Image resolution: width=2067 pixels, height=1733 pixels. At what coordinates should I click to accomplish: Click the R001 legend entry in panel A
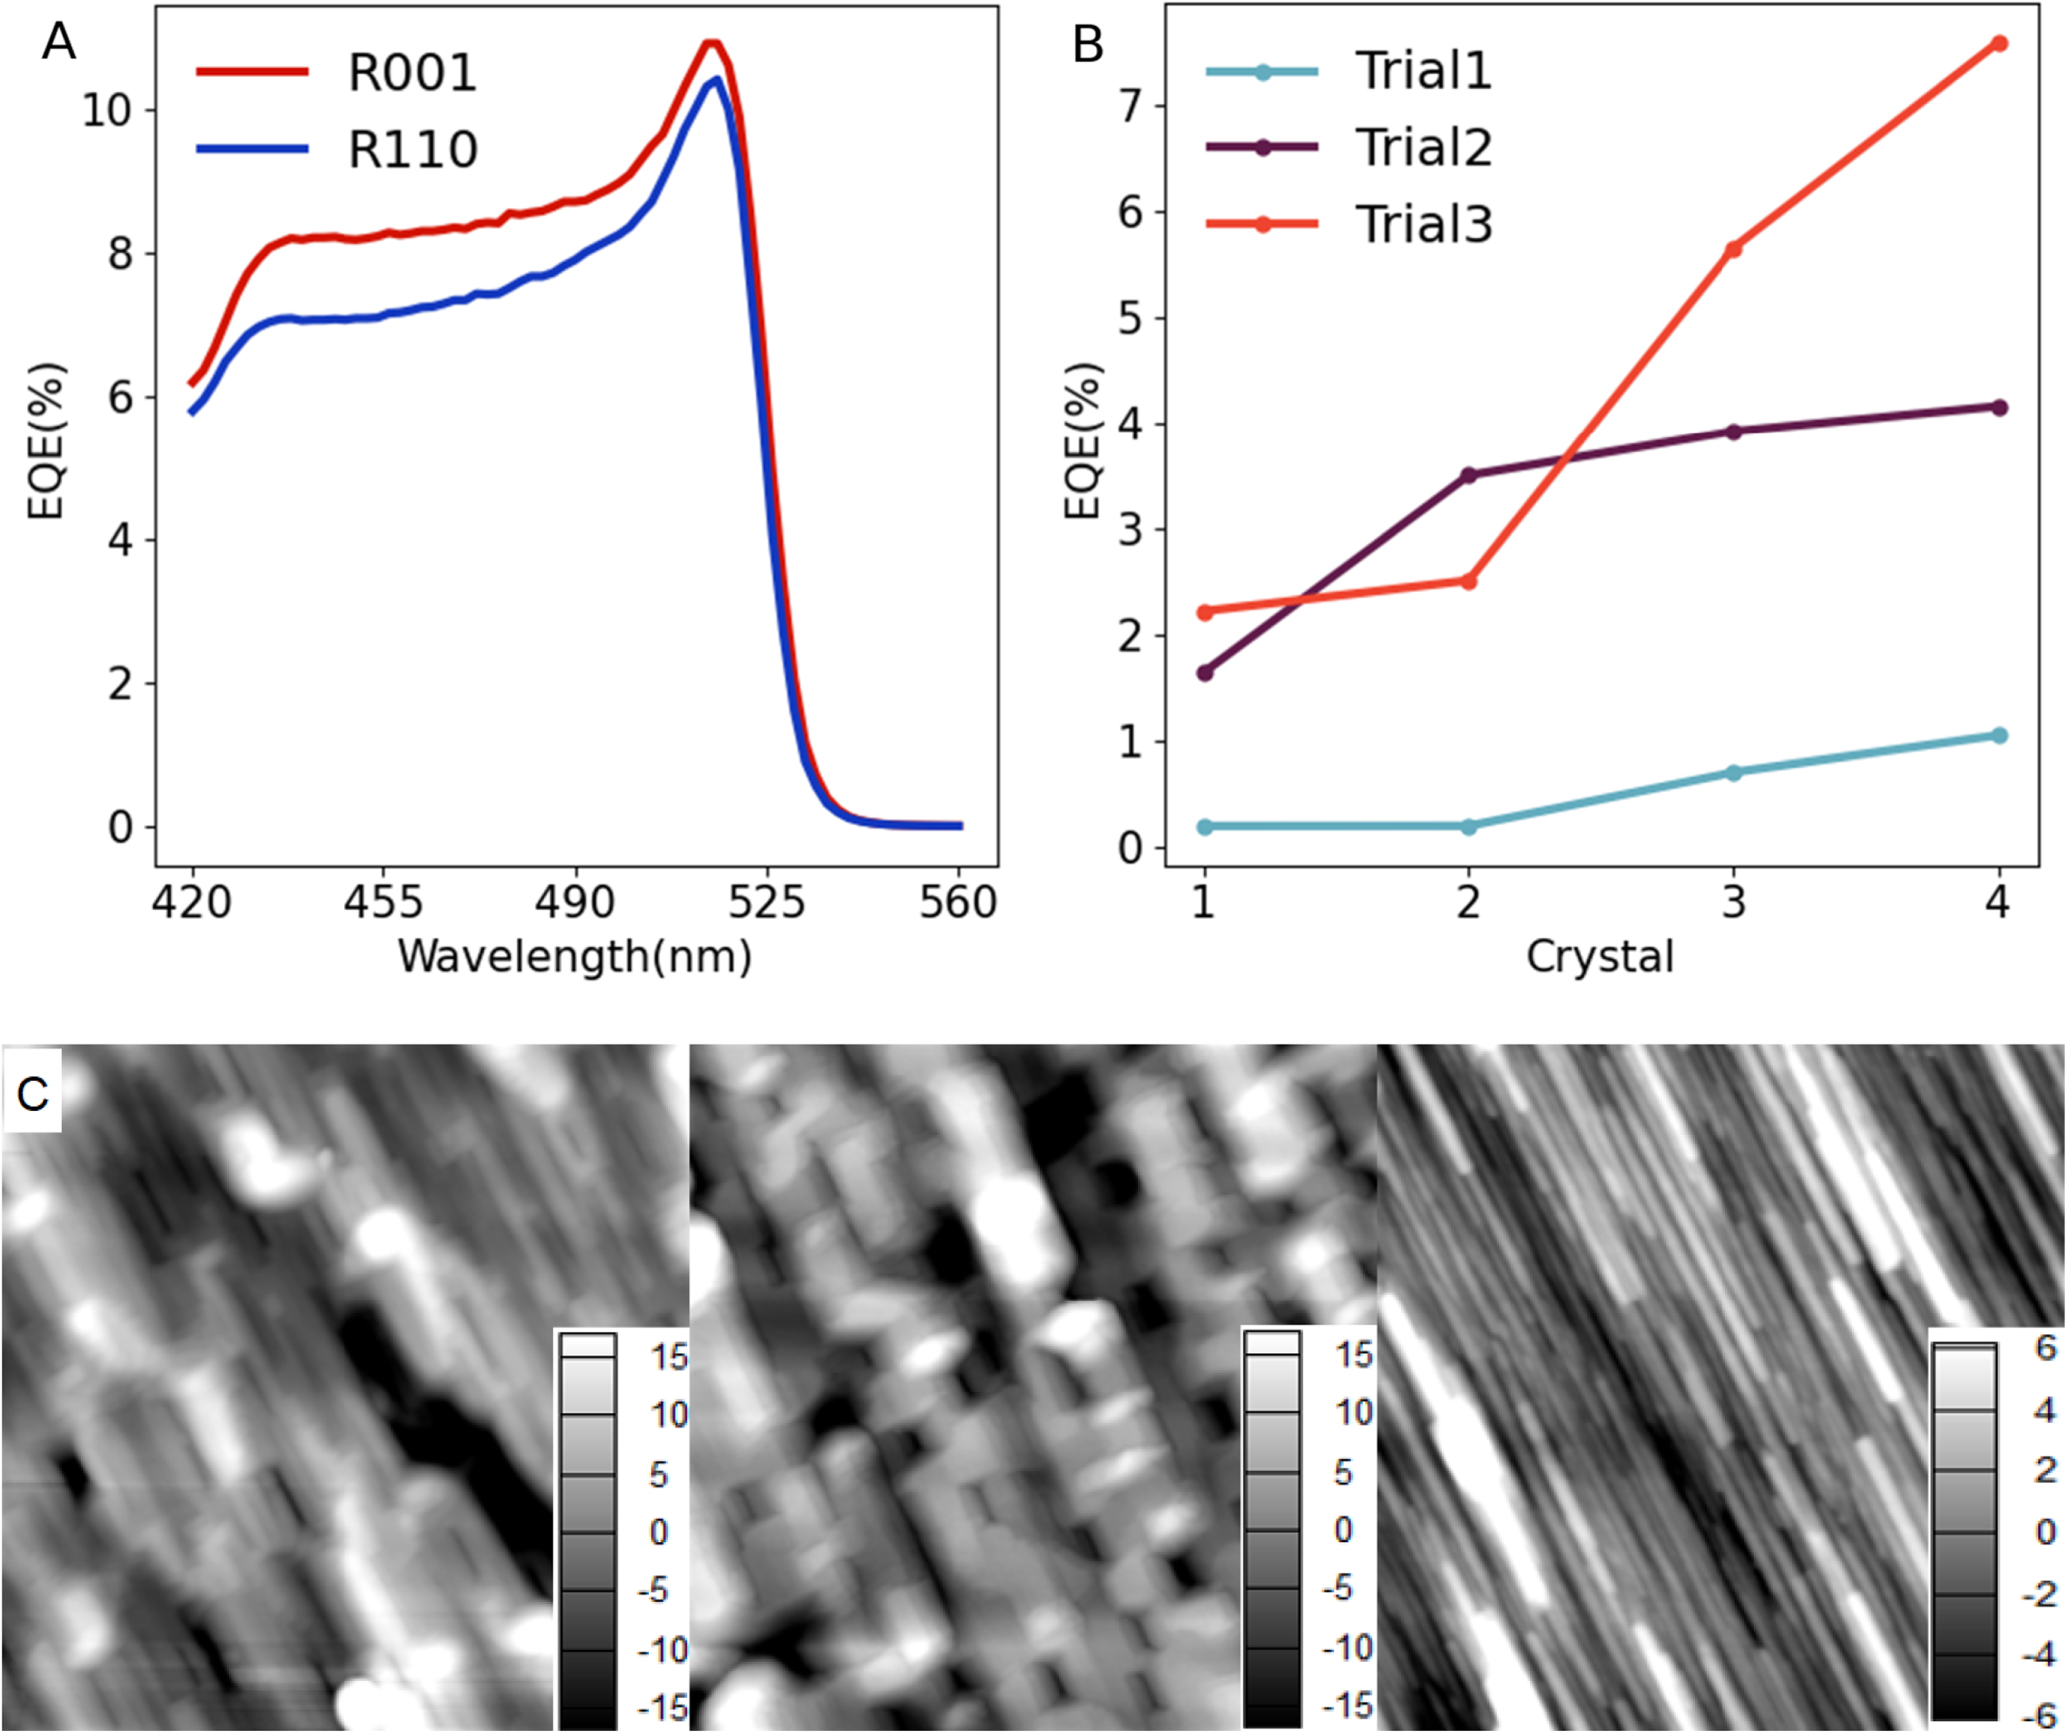pos(412,73)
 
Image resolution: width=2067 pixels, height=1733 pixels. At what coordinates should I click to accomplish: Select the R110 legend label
pos(412,150)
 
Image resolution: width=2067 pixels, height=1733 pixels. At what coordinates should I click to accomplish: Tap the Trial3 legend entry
pos(1423,224)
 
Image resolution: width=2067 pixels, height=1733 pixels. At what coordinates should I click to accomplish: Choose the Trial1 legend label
pos(1423,71)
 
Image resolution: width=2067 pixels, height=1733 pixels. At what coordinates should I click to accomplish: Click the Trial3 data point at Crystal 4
pos(1999,44)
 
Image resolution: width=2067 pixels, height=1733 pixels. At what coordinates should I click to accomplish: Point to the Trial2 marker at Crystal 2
pos(1469,475)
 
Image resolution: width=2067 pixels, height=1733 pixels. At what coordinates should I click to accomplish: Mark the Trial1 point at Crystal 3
pos(1733,773)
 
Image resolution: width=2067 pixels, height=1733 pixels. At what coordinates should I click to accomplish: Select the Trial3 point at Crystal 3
pos(1733,249)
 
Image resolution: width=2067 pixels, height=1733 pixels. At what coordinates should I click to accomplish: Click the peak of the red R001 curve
pos(711,43)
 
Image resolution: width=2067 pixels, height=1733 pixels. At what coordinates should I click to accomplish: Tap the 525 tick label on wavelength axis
pos(766,903)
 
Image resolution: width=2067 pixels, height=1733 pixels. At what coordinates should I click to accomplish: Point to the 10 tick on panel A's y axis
pos(107,110)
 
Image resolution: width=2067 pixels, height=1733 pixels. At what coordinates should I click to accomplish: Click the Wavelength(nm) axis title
pos(574,957)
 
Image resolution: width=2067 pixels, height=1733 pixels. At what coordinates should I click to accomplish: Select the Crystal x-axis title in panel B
pos(1599,957)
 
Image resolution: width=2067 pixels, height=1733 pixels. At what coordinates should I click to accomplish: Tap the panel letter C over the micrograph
pos(32,1095)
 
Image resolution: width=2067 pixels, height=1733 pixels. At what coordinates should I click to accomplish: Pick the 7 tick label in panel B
pos(1130,106)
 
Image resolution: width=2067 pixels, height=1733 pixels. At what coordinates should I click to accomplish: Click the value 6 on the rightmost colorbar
pos(2045,1349)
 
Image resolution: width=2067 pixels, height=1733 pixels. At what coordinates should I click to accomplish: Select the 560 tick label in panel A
pos(958,903)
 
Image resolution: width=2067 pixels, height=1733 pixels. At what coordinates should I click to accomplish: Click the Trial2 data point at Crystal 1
pos(1205,673)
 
